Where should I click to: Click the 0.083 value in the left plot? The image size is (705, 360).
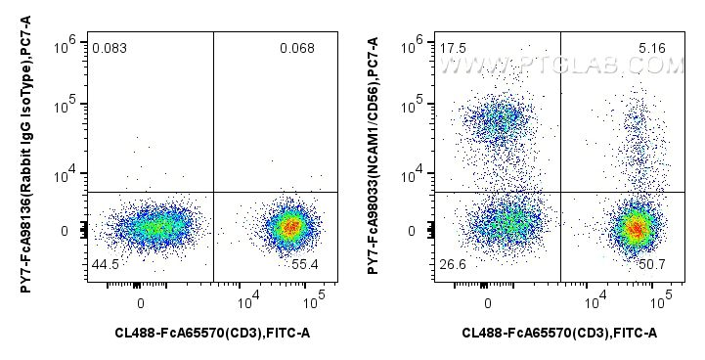point(108,48)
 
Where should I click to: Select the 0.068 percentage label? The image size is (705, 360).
point(296,48)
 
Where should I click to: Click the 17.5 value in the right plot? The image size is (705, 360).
point(453,48)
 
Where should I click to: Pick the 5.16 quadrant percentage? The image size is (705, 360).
point(649,48)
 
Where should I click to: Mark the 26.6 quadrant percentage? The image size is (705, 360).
point(453,265)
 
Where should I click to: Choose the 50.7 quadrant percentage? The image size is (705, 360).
point(649,265)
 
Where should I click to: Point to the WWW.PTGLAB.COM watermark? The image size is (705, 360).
point(561,65)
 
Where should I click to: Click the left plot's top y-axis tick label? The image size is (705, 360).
point(67,40)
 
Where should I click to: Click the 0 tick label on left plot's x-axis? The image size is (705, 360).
point(141,302)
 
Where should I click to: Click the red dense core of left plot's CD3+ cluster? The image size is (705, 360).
point(288,227)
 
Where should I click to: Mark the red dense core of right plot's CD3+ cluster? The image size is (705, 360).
point(637,229)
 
